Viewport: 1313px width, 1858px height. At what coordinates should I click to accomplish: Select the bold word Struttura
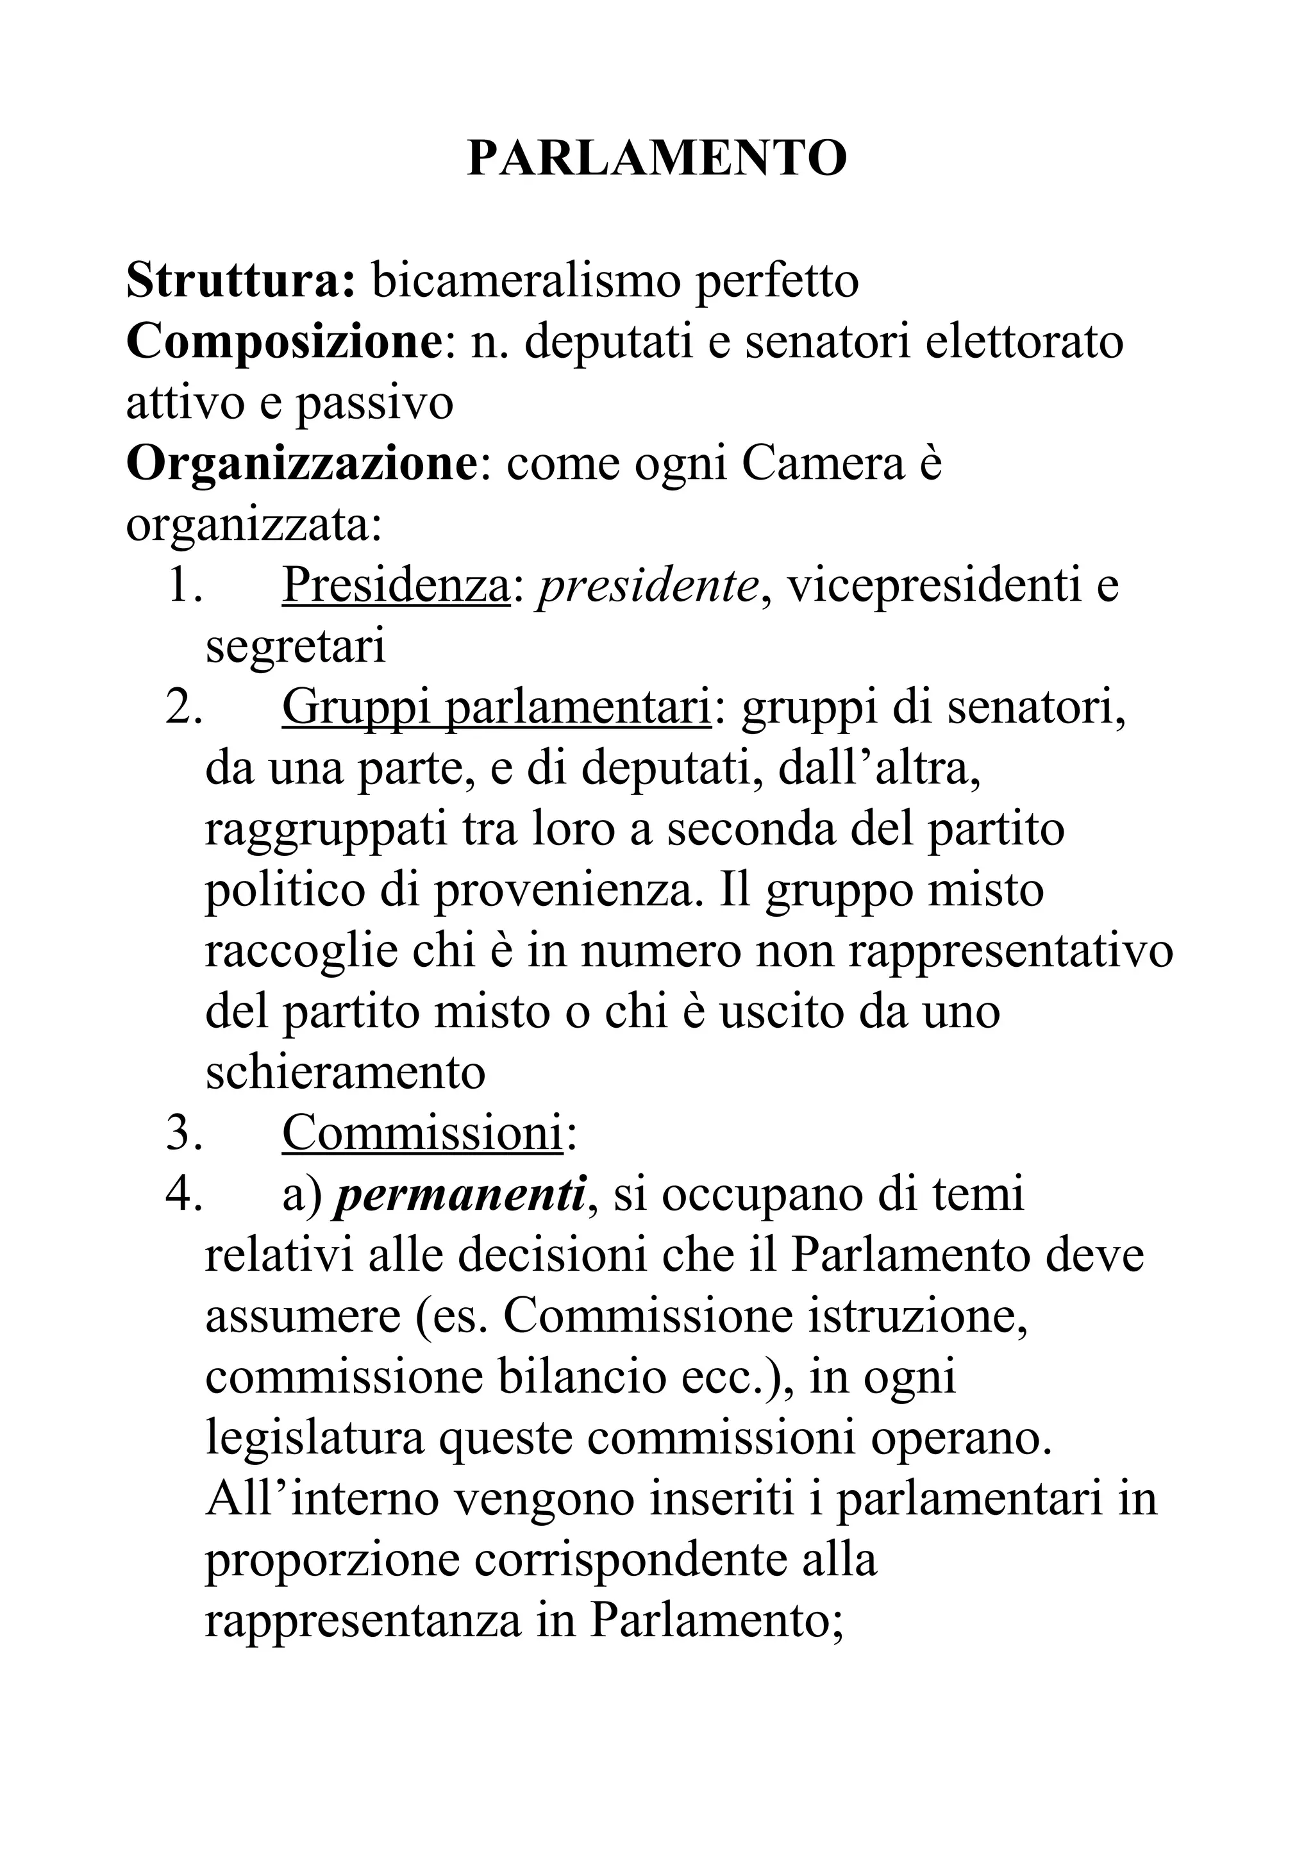[240, 281]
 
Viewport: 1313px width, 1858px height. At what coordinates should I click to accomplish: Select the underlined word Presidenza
[396, 585]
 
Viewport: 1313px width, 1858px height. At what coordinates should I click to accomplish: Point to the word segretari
[296, 646]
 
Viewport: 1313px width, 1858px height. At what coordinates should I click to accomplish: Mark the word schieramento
[346, 1073]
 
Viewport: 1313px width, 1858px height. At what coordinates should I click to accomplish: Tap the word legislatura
[315, 1438]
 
